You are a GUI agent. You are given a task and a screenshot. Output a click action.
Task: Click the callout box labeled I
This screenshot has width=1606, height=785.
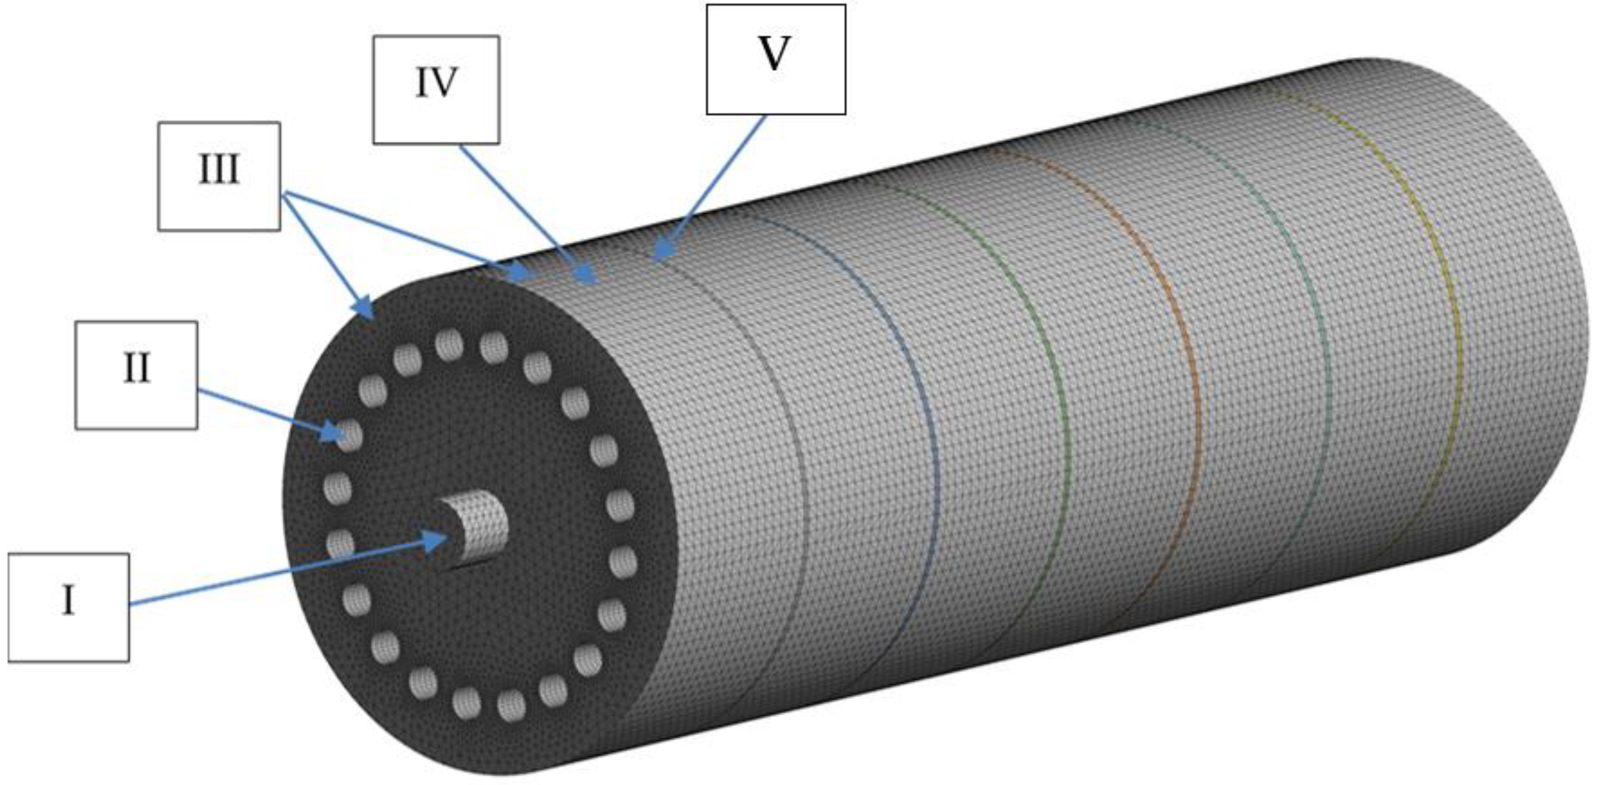[x=69, y=607]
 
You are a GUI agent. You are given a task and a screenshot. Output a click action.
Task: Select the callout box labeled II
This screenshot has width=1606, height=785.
[x=136, y=375]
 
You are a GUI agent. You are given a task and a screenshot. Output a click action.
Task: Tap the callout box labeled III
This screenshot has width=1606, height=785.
[x=219, y=177]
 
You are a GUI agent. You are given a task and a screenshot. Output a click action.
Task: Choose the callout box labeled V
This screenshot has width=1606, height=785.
[x=776, y=60]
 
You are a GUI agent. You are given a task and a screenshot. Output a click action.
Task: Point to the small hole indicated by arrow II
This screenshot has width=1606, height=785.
[x=350, y=435]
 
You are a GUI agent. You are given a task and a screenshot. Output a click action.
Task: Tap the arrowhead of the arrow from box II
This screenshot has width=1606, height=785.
[x=333, y=432]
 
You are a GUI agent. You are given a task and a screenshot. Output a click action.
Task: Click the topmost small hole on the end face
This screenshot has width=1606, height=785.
[x=449, y=345]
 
